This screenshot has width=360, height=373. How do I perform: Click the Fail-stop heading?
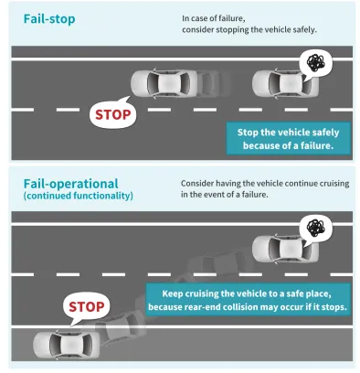[49, 19]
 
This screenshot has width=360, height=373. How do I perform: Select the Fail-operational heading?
[70, 184]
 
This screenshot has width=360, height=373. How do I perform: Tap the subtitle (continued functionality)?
[79, 196]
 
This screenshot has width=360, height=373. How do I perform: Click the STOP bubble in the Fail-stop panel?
[113, 113]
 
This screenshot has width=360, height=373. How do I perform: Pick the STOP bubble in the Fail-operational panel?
[86, 306]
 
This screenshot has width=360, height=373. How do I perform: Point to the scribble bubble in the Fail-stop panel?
[315, 63]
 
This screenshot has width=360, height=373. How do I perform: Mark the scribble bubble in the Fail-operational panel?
[315, 229]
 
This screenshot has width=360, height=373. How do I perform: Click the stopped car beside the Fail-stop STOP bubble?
[164, 83]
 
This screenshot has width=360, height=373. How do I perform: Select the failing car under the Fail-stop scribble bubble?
[285, 83]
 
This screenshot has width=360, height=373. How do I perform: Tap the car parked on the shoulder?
[67, 345]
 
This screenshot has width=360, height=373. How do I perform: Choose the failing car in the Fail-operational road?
[285, 248]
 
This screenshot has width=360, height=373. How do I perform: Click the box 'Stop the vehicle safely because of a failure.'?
[288, 139]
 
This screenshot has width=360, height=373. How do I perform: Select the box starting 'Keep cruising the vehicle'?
[248, 300]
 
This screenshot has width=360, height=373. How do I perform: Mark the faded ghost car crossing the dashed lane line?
[219, 262]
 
